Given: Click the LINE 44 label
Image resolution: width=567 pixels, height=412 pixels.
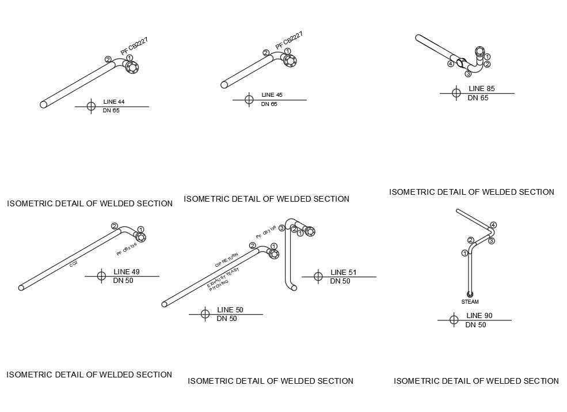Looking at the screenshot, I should pyautogui.click(x=113, y=102).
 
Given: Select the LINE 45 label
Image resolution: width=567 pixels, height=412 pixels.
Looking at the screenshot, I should pyautogui.click(x=272, y=95).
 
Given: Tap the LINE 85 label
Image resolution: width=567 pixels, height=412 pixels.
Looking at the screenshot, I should pyautogui.click(x=481, y=89).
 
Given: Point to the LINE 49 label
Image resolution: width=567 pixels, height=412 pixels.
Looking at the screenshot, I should pyautogui.click(x=127, y=271).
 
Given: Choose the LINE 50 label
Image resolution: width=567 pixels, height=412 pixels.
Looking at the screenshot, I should pyautogui.click(x=230, y=309).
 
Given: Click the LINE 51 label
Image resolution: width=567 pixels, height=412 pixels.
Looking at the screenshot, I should pyautogui.click(x=343, y=272).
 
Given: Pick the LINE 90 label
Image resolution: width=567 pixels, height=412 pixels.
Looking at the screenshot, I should pyautogui.click(x=479, y=315).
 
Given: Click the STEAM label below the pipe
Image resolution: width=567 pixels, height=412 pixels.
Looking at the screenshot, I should pyautogui.click(x=470, y=302).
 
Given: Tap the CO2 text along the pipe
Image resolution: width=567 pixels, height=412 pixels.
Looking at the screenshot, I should pyautogui.click(x=74, y=264).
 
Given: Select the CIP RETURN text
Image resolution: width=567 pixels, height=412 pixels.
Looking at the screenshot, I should pyautogui.click(x=226, y=260).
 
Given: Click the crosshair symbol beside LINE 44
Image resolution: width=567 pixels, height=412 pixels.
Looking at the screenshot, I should pyautogui.click(x=91, y=106).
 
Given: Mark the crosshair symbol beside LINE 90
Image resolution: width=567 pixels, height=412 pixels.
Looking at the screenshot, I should pyautogui.click(x=454, y=320).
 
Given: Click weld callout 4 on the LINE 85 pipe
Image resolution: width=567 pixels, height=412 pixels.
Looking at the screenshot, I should pyautogui.click(x=451, y=64).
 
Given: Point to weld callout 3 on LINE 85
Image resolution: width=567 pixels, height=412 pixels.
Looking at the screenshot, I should pyautogui.click(x=468, y=74).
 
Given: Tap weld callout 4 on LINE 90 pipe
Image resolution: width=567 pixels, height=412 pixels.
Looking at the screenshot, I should pyautogui.click(x=493, y=225).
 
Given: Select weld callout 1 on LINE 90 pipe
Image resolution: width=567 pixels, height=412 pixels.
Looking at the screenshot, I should pyautogui.click(x=465, y=253).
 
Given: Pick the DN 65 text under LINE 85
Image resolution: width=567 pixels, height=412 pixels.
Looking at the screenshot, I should pyautogui.click(x=477, y=98).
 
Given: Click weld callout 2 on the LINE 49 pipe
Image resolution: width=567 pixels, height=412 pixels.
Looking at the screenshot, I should pyautogui.click(x=115, y=226).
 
